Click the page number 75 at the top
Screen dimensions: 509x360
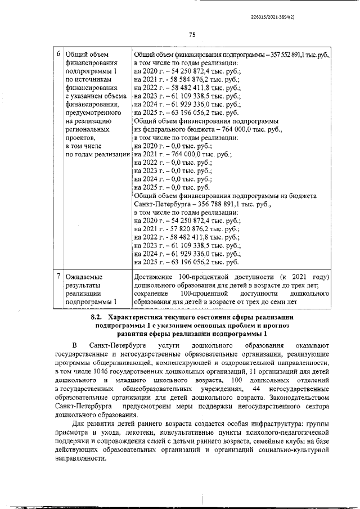tap(191, 35)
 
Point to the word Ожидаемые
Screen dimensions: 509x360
tap(84, 277)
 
